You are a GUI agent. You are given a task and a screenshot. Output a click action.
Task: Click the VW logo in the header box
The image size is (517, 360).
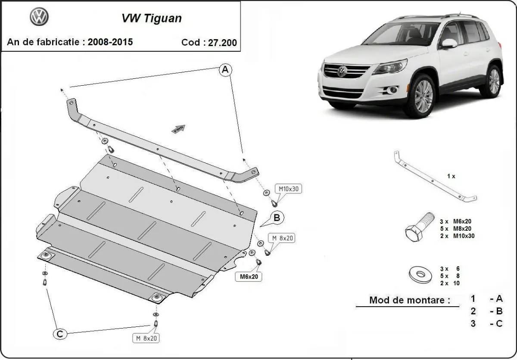point(39,17)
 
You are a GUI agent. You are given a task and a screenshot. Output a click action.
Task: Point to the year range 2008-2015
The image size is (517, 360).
point(110,42)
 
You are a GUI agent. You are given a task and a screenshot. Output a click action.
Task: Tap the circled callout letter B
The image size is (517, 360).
point(277,217)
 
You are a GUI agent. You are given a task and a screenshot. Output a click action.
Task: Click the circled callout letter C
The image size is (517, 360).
point(60,333)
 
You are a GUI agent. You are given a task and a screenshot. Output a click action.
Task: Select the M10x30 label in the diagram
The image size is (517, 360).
point(288,189)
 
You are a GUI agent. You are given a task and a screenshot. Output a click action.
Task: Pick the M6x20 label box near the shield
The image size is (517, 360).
point(249,277)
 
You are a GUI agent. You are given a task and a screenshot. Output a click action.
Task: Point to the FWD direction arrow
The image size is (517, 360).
point(179,128)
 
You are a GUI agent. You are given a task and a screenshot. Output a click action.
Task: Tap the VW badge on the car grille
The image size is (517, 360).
point(342,71)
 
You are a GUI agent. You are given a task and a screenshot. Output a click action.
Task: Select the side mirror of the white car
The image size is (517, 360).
point(448,43)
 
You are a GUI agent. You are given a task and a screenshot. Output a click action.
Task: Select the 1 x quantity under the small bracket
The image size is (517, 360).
point(451,176)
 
